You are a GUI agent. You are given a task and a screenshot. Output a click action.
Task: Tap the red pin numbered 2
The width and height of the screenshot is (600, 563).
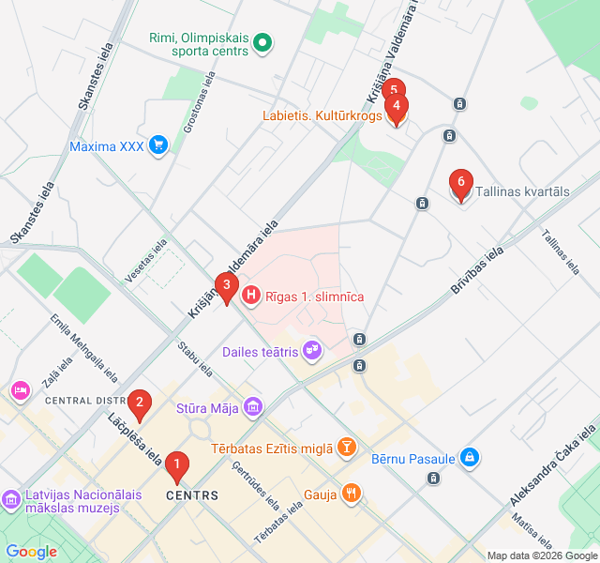(140, 404)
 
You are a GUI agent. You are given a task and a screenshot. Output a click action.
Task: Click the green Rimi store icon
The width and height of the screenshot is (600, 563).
(263, 41)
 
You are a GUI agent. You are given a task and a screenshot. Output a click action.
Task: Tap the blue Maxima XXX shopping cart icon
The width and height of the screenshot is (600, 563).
(157, 145)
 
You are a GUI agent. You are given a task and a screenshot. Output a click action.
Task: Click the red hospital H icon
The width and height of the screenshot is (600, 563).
(251, 296)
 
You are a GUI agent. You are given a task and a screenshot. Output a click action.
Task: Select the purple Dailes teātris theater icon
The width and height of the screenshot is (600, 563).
(311, 352)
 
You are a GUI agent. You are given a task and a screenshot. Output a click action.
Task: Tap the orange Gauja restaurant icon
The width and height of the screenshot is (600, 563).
(351, 493)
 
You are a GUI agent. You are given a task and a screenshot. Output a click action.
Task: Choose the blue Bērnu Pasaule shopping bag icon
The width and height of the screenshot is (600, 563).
(470, 458)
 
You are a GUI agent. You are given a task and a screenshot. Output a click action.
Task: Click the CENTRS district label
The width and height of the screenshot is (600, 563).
(192, 495)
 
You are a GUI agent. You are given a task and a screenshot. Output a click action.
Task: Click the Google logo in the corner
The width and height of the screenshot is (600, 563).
(31, 552)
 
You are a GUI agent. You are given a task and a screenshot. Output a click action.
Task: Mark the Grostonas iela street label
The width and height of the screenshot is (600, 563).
(200, 103)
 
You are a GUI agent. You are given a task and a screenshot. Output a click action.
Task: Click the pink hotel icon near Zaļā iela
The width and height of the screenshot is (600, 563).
(19, 388)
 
